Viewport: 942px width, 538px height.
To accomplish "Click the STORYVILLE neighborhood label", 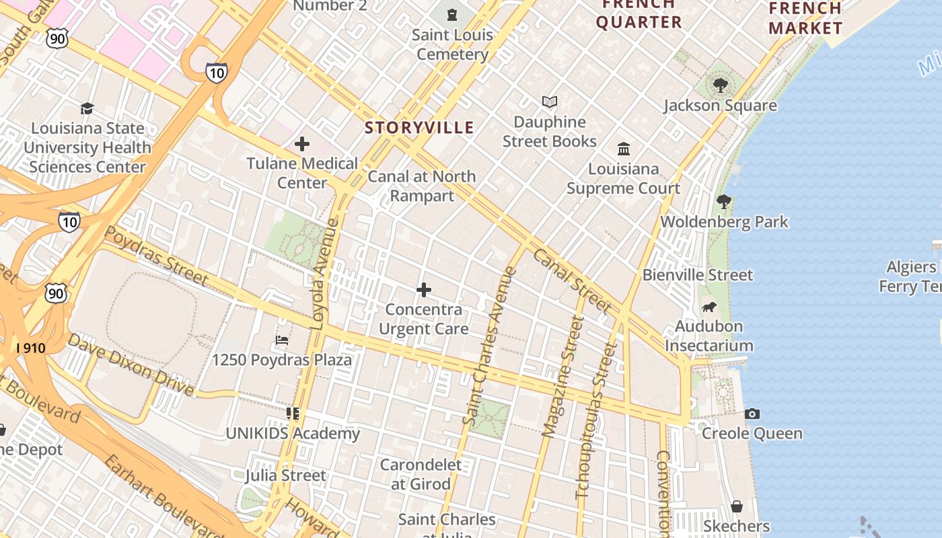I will pos(419,127).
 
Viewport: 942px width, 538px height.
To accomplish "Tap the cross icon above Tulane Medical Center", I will pos(302,143).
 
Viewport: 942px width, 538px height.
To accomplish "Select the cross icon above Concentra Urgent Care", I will pos(424,290).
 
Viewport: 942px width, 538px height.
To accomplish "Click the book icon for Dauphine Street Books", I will pos(550,102).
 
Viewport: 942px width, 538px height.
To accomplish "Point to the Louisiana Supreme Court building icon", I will pos(624,149).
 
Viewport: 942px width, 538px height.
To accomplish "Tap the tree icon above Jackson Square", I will pos(721,85).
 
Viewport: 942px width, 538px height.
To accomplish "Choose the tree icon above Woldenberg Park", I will pos(724,201).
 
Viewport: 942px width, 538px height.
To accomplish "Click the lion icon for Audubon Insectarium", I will pos(709,307).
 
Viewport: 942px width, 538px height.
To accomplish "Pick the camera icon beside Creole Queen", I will pos(752,414).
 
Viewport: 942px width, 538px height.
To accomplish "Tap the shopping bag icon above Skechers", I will pos(737,506).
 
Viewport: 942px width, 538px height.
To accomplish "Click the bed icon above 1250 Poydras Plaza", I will pos(282,340).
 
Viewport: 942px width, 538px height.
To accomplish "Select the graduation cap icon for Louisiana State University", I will pos(87,108).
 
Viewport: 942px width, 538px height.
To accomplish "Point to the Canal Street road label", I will pos(571,281).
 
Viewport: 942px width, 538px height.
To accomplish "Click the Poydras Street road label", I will pos(157,255).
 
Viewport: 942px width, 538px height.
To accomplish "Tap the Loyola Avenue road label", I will pos(325,274).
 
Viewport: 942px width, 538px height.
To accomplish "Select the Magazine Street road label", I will pos(563,377).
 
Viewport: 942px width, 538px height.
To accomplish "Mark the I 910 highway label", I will pos(31,348).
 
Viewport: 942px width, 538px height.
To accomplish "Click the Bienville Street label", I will pos(698,274).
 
